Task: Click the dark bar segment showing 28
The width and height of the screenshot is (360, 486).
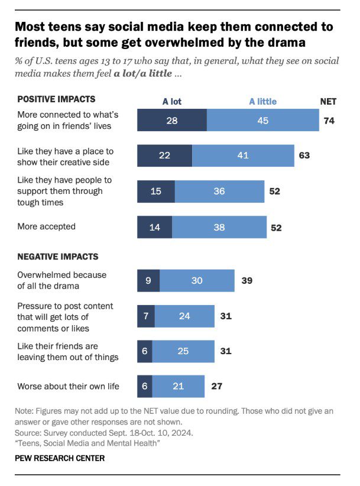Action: [172, 120]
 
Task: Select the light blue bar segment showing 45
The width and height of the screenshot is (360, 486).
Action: [262, 120]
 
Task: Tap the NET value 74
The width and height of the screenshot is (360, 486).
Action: [330, 120]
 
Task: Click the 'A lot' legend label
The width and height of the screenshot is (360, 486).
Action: [172, 101]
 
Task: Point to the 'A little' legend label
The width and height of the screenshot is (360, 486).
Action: [262, 101]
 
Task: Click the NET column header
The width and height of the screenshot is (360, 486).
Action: [328, 101]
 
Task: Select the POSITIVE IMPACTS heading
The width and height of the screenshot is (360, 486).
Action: [56, 99]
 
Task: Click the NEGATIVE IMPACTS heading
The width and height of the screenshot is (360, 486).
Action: [58, 257]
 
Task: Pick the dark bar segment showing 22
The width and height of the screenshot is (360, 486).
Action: [164, 155]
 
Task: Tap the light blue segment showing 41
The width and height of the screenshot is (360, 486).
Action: [243, 155]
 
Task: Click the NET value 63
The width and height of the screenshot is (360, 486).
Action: [304, 155]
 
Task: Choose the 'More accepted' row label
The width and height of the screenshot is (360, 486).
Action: [46, 226]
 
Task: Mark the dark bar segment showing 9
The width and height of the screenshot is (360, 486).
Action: [148, 280]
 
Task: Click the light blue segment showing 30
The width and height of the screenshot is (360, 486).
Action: [197, 280]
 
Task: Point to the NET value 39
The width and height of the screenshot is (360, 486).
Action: [247, 280]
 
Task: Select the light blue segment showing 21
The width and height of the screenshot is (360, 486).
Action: [178, 386]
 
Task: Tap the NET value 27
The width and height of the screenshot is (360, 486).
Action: [216, 386]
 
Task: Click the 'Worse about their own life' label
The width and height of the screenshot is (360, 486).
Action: [69, 386]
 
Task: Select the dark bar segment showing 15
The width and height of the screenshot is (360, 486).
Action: [156, 191]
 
